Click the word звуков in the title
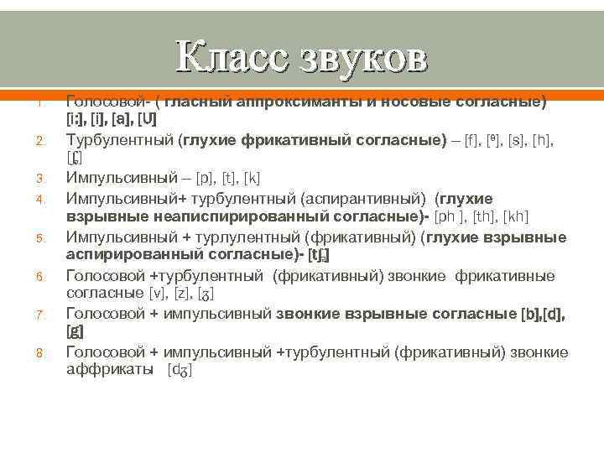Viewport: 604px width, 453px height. tap(361, 58)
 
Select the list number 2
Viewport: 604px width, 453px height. tap(39, 139)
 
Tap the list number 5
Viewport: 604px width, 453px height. tap(39, 237)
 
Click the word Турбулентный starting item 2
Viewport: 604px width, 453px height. tap(120, 138)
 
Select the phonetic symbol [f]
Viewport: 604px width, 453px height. tap(470, 138)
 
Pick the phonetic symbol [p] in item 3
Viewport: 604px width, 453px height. tap(204, 178)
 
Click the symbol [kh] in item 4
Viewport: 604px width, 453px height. tap(516, 217)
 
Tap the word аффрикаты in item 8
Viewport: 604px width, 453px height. tap(112, 370)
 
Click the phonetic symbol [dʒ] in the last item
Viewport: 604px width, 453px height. tap(180, 370)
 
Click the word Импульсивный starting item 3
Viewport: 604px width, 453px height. tap(120, 178)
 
